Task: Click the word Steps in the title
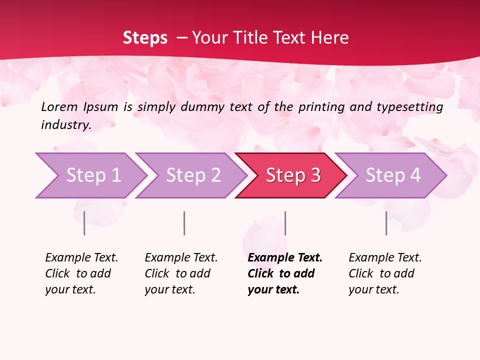(145, 38)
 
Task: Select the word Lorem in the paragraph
(59, 106)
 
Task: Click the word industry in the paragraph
(65, 125)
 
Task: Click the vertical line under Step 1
(84, 223)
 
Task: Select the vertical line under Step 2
(184, 223)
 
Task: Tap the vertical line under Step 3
(285, 223)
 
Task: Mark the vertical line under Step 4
(386, 223)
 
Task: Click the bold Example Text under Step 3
(285, 257)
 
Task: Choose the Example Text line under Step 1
(81, 257)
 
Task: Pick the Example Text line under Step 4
(385, 257)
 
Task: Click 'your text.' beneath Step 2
(169, 289)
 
